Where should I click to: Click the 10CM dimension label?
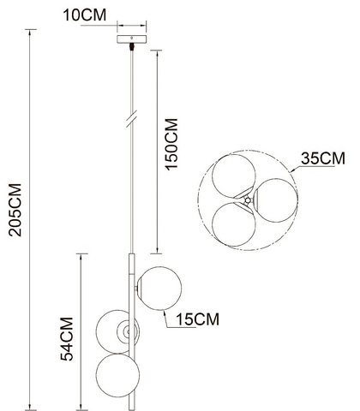click(84, 15)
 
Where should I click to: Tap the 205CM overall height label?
click(15, 210)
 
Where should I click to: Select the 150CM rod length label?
click(172, 145)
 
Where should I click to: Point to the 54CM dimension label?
click(67, 339)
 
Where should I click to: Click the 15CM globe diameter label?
click(197, 319)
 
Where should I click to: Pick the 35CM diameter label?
click(323, 158)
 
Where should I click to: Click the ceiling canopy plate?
click(132, 39)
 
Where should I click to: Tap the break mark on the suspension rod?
click(132, 119)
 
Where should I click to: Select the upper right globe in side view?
click(159, 289)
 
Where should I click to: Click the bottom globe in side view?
click(117, 375)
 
